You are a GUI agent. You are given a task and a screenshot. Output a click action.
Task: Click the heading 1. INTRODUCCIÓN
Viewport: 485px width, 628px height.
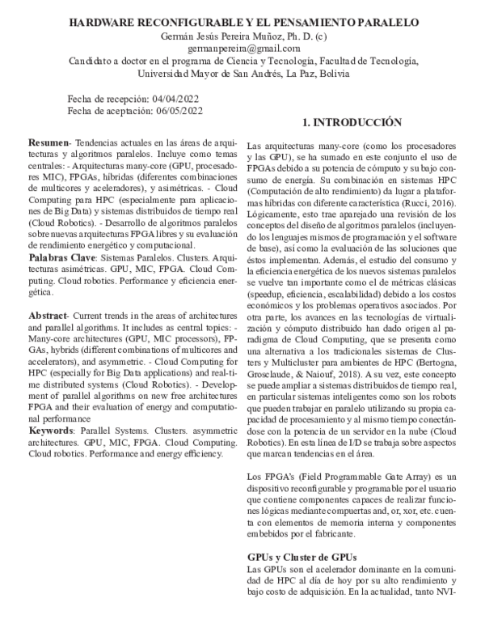point(351,123)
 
